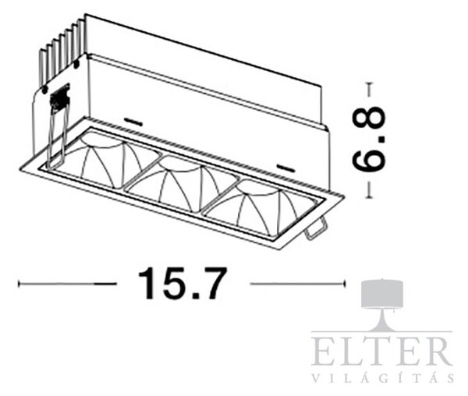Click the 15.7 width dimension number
(x=180, y=283)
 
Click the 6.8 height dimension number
(x=369, y=140)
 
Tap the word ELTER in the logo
(x=381, y=352)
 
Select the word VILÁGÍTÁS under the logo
(x=383, y=377)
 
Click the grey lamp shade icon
(x=382, y=293)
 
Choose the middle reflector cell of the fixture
(x=182, y=182)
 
